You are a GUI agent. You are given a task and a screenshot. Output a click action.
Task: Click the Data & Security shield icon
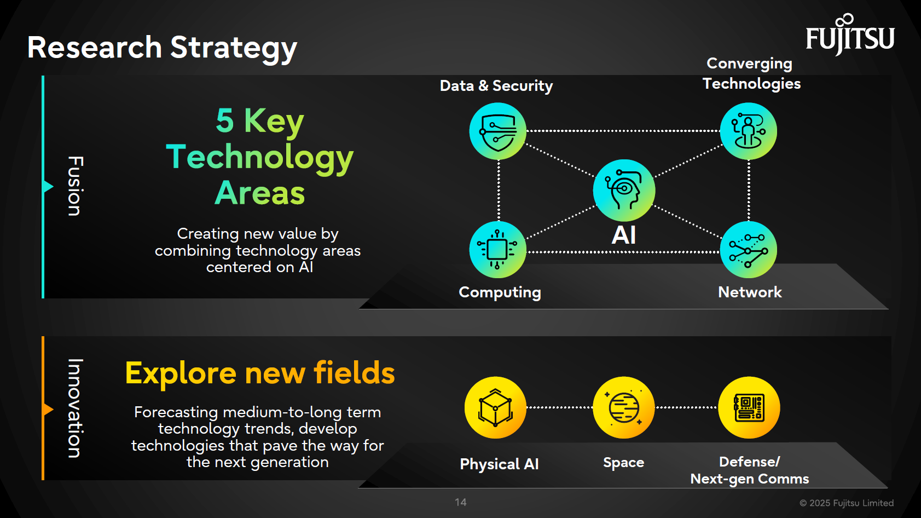tap(497, 131)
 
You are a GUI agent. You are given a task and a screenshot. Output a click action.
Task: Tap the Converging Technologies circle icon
tap(748, 131)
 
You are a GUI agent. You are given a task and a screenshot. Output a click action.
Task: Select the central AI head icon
tap(624, 190)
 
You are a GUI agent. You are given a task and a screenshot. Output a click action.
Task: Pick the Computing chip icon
tap(497, 250)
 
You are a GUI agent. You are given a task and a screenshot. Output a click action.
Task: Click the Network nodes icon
tap(748, 250)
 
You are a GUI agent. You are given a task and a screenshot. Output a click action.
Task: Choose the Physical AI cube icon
tap(495, 407)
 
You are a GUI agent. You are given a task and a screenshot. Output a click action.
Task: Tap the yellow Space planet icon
tap(624, 407)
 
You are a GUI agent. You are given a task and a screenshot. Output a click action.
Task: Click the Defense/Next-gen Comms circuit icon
tap(749, 407)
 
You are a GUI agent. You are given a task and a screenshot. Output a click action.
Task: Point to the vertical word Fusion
tap(75, 186)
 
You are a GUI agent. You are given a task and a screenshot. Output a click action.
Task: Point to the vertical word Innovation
tap(75, 408)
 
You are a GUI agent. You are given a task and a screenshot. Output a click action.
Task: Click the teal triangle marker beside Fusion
tap(48, 187)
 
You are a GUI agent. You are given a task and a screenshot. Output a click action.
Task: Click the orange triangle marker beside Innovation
tap(48, 409)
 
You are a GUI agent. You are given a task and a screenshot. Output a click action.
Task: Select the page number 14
tap(461, 502)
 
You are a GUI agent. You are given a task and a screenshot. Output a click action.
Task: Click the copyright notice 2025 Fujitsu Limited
tap(847, 503)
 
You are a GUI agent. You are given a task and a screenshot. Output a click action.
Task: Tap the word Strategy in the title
tap(234, 48)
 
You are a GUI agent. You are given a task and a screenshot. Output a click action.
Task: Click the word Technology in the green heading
tap(260, 157)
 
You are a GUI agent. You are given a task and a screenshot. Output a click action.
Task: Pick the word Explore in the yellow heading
tap(181, 373)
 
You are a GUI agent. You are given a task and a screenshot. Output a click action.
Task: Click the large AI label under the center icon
tap(624, 235)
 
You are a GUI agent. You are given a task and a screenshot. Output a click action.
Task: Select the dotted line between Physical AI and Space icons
tap(559, 407)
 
